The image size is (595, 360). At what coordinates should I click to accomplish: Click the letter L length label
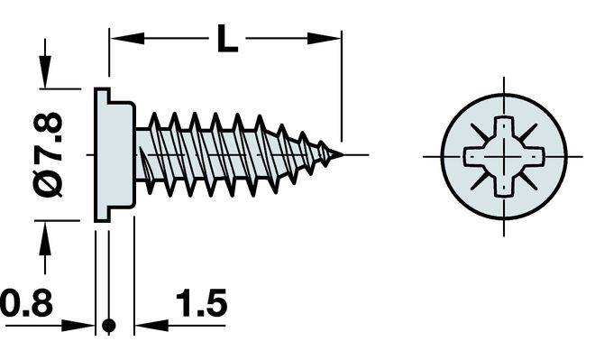tap(228, 39)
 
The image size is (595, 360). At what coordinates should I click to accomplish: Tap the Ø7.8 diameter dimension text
tap(48, 155)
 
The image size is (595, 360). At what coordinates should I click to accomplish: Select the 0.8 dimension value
tap(26, 302)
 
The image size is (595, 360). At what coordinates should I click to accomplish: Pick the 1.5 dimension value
tap(202, 302)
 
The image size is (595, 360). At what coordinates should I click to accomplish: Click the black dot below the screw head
tap(109, 325)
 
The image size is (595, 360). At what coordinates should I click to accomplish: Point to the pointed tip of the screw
tap(343, 154)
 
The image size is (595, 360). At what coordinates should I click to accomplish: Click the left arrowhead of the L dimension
tap(127, 39)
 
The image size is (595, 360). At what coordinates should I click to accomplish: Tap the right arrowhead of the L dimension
tap(324, 39)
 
